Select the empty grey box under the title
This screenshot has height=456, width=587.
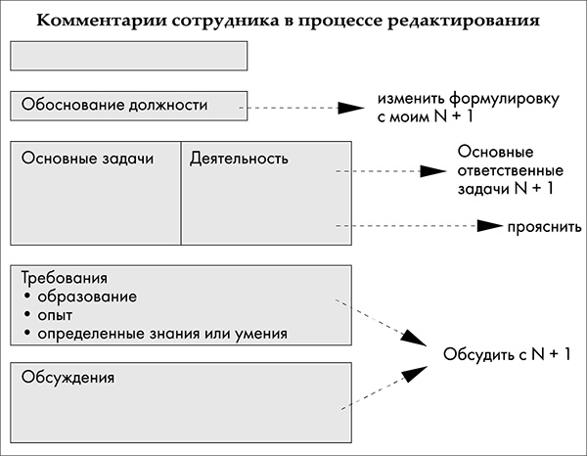[x=128, y=56]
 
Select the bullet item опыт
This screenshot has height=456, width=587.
[x=57, y=315]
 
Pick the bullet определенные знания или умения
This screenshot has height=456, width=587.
[x=162, y=334]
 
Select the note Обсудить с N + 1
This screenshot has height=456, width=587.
[x=507, y=354]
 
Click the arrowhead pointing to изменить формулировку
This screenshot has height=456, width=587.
[x=351, y=108]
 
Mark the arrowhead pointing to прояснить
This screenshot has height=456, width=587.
[x=488, y=226]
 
